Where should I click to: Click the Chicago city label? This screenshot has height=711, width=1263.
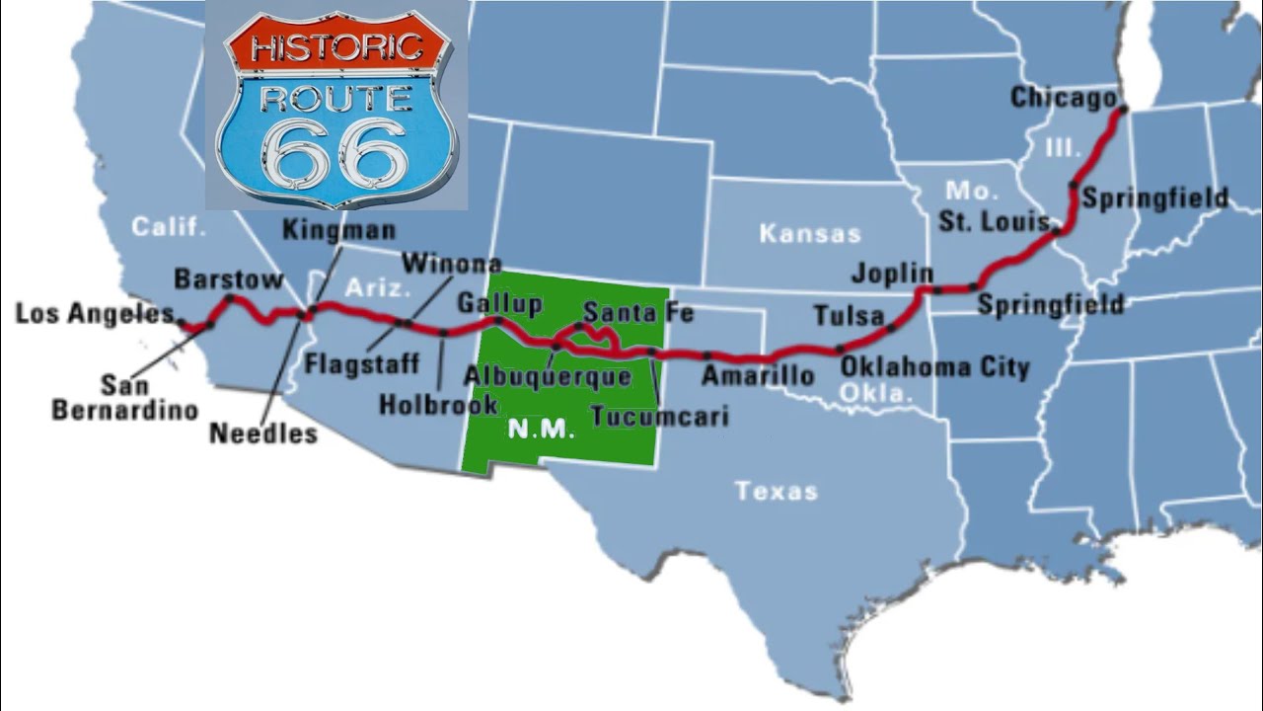tap(1063, 98)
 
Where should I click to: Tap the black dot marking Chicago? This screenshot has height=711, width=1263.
tap(1122, 112)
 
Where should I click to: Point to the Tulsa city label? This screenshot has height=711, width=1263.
tap(848, 316)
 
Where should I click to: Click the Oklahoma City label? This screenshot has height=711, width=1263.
tap(934, 367)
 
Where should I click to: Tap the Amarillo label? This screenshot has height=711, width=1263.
tap(758, 375)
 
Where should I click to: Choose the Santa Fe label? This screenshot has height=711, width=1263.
tap(637, 313)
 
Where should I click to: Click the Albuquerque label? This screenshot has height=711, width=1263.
tap(547, 375)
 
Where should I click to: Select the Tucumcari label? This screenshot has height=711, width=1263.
tap(659, 416)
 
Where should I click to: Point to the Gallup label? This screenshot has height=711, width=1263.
tap(498, 302)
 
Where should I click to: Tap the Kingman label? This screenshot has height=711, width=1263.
tap(338, 230)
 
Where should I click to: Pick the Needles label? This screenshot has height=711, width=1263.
tap(263, 433)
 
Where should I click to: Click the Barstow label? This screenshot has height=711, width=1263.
tap(228, 279)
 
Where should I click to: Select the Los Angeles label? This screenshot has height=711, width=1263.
tap(94, 314)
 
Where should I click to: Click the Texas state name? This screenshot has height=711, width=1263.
tap(776, 490)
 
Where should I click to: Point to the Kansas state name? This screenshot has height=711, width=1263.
tap(809, 234)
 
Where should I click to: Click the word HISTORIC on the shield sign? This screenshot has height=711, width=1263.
tap(336, 47)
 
